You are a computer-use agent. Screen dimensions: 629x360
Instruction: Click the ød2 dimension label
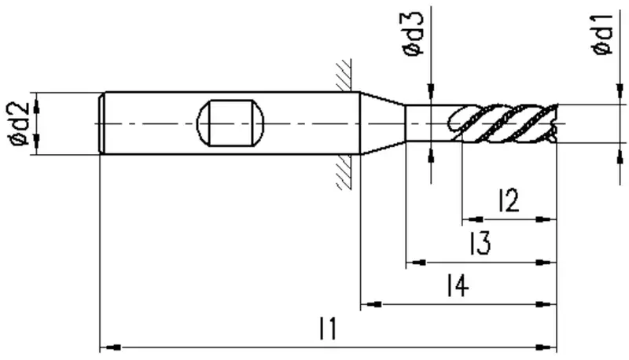19,124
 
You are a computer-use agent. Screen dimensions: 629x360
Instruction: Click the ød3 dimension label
413,34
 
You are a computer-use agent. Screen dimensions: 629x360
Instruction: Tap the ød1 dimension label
602,34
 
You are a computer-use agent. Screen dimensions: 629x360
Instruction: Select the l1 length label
328,329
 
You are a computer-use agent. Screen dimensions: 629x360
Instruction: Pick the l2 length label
509,200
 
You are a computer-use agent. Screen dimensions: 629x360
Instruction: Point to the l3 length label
480,243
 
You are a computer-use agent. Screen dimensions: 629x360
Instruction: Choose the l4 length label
458,285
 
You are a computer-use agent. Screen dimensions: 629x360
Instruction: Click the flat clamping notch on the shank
230,123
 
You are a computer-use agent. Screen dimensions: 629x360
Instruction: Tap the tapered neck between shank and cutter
382,123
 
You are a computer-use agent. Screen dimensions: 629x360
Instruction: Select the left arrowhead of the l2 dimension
473,219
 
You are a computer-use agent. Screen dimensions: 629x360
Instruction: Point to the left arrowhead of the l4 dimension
371,304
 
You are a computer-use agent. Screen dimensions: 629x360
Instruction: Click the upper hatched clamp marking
344,75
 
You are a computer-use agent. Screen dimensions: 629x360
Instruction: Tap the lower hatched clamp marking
344,171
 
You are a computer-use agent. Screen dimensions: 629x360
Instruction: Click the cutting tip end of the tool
557,123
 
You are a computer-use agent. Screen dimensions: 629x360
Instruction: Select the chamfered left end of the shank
102,123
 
